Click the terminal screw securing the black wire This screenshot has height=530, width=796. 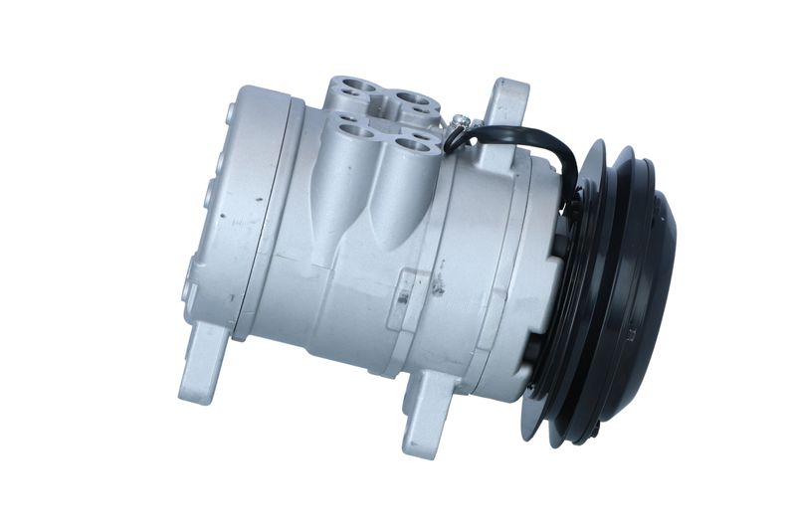coord(460,122)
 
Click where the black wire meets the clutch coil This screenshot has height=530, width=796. coord(574,204)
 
